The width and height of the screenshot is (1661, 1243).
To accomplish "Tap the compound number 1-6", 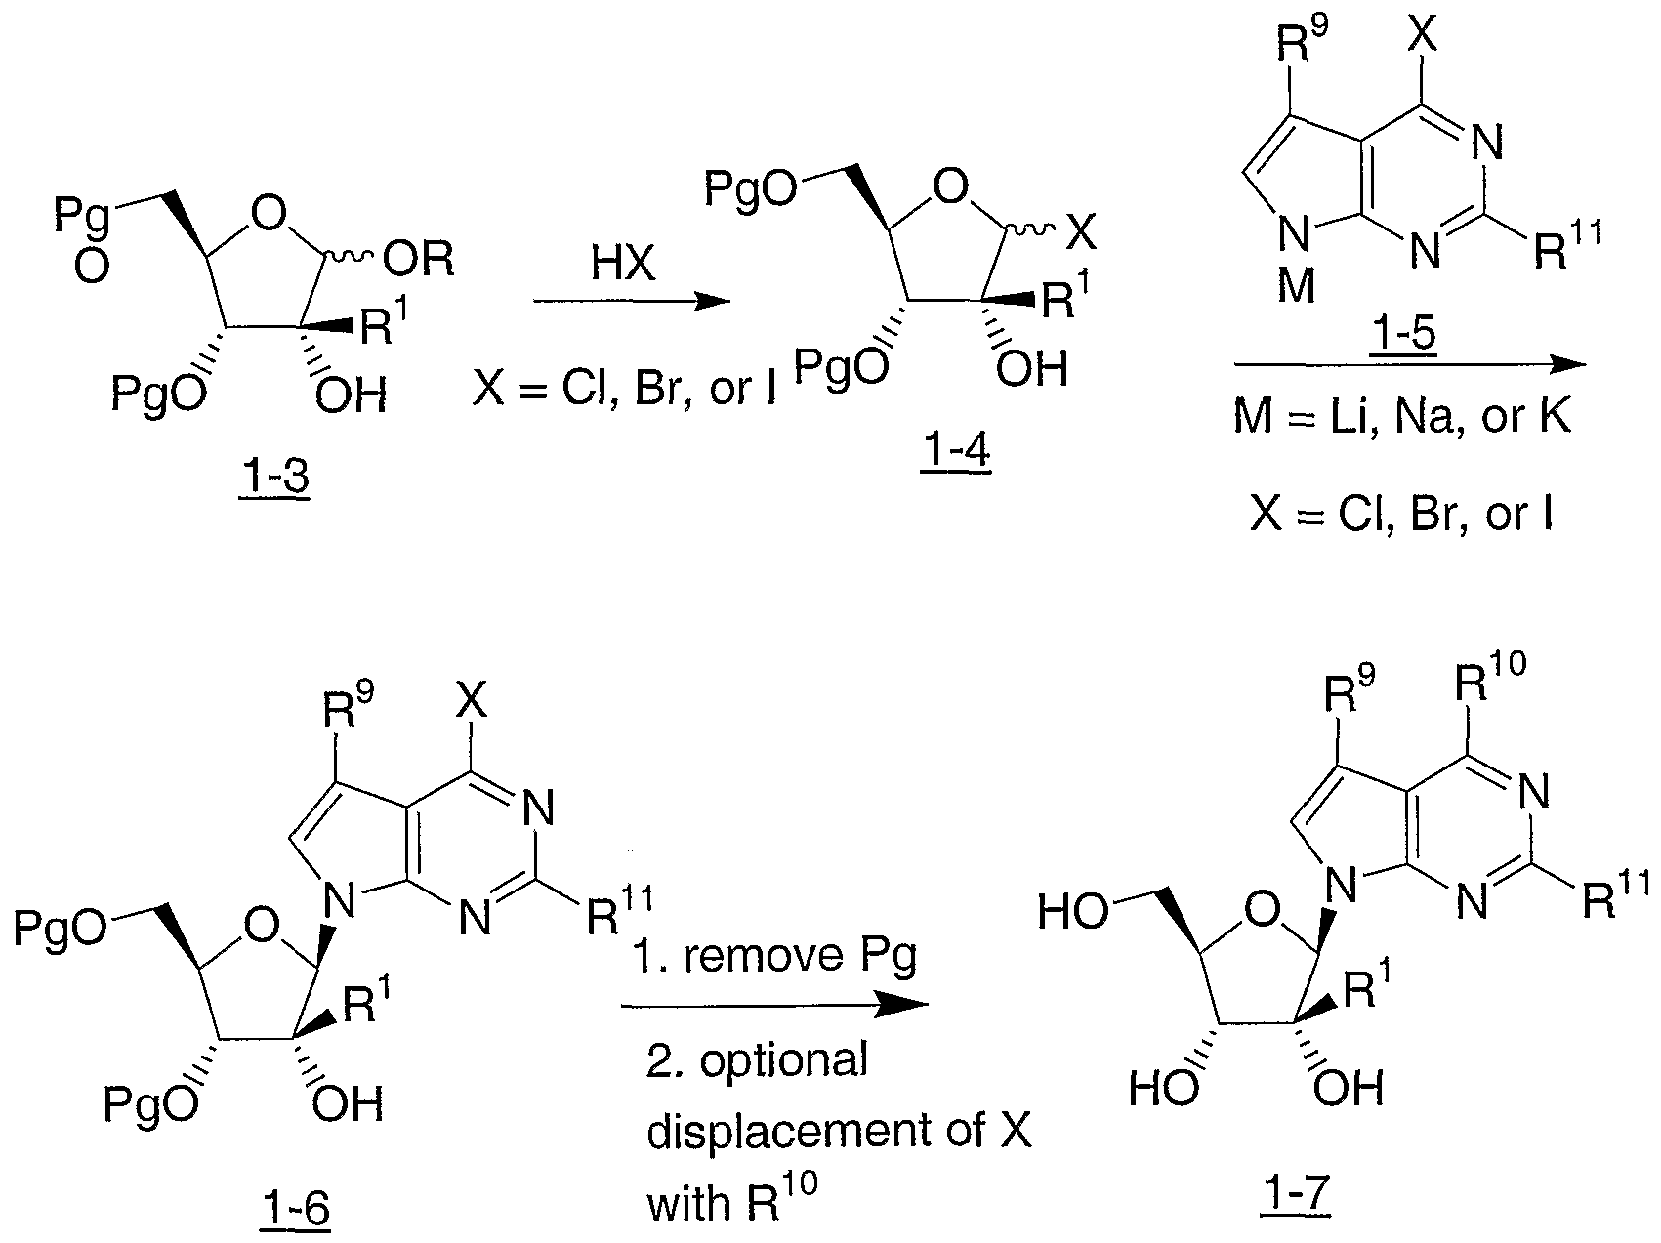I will [x=294, y=1209].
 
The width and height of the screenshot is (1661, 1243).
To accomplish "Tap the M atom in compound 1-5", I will [x=1296, y=287].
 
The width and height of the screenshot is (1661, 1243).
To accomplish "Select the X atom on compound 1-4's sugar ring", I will [x=1079, y=232].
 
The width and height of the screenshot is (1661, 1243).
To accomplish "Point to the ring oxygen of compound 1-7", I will [x=1265, y=913].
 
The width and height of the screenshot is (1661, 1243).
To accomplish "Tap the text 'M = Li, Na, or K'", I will [x=1402, y=417].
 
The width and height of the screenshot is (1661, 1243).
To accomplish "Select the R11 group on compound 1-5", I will [x=1565, y=247].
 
